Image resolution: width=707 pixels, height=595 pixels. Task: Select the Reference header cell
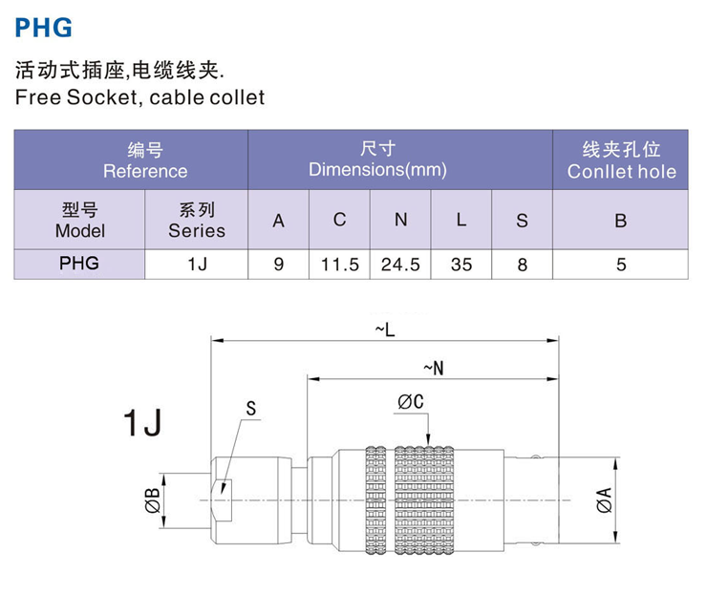(x=131, y=160)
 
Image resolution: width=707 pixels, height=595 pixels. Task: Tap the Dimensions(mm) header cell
(x=377, y=160)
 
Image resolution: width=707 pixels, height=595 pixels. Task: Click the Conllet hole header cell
(x=621, y=160)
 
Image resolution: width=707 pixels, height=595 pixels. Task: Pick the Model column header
(x=79, y=220)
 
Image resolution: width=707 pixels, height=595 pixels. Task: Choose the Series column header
(x=197, y=220)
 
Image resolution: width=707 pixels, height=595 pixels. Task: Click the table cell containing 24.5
(x=400, y=264)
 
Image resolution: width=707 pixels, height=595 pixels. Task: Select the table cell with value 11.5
(x=339, y=264)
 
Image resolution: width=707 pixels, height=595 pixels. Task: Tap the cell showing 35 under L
(x=461, y=264)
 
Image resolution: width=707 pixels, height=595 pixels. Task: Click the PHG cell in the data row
(x=79, y=264)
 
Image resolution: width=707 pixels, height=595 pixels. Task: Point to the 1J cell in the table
(x=197, y=264)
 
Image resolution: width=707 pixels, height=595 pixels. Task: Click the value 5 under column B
(x=621, y=264)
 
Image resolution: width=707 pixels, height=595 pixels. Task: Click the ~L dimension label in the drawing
(x=385, y=329)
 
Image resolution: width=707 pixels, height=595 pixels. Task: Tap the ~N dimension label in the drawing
(x=432, y=367)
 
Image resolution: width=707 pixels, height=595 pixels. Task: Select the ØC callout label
(x=410, y=403)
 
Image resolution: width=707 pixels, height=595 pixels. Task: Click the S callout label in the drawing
(x=251, y=408)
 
